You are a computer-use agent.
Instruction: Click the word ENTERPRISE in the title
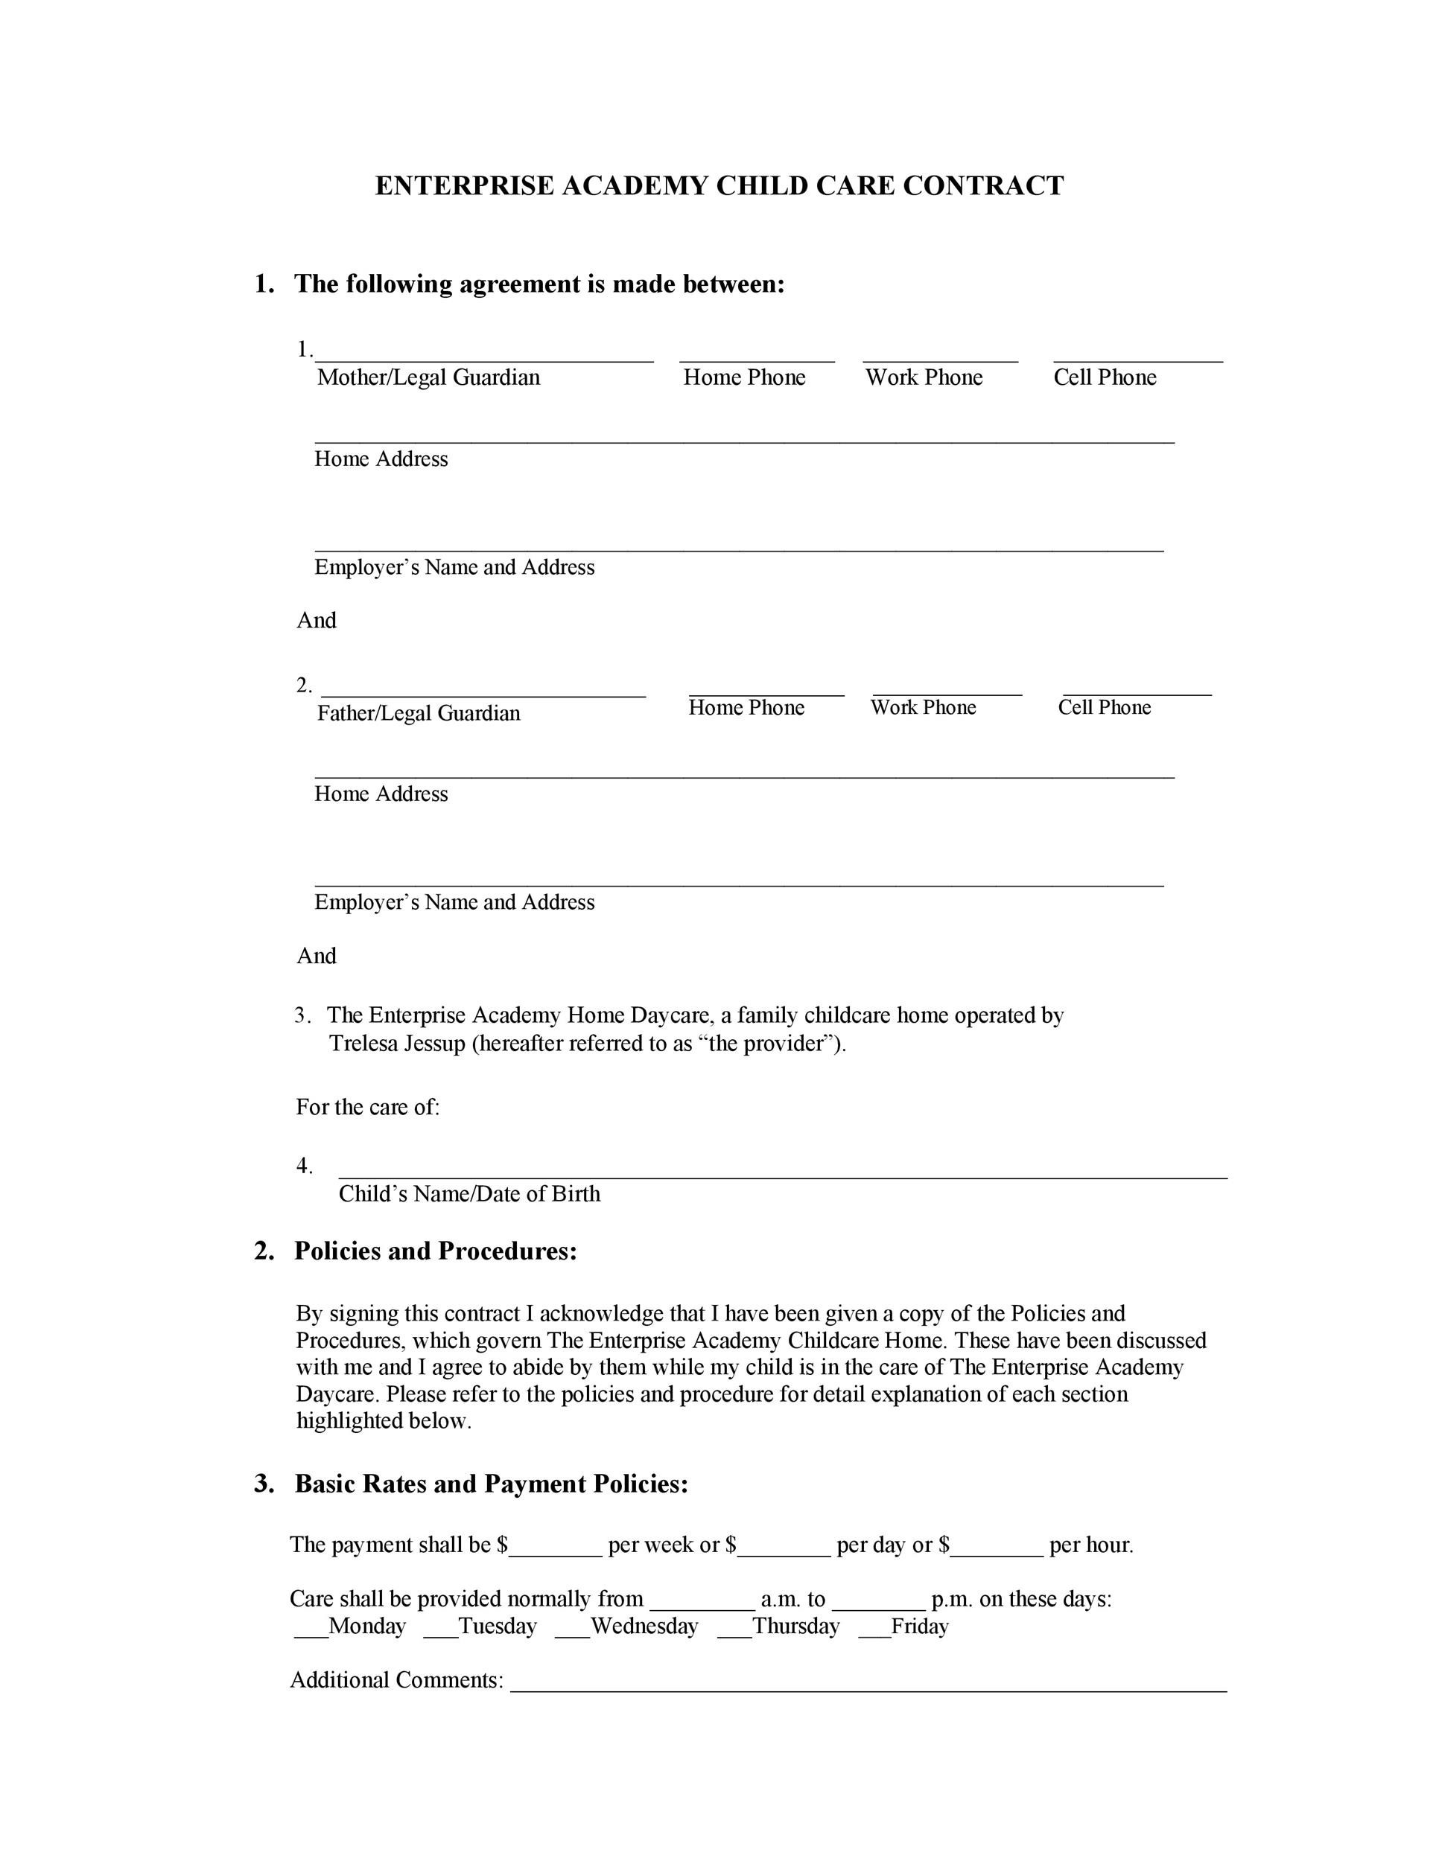tap(465, 186)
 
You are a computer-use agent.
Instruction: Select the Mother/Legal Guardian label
tap(428, 377)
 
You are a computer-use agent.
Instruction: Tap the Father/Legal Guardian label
tap(419, 713)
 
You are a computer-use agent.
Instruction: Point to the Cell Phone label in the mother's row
tap(1105, 377)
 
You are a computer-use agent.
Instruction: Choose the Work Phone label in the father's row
tap(924, 707)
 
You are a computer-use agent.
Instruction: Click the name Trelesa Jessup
tap(397, 1044)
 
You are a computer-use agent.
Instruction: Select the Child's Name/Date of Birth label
tap(469, 1194)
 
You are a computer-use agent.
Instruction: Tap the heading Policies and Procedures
tap(436, 1251)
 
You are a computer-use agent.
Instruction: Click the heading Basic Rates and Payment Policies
tap(491, 1484)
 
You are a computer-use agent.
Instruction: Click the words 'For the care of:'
tap(367, 1107)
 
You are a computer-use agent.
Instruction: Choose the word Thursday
tap(796, 1627)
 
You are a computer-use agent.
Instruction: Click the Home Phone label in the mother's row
tap(744, 377)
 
